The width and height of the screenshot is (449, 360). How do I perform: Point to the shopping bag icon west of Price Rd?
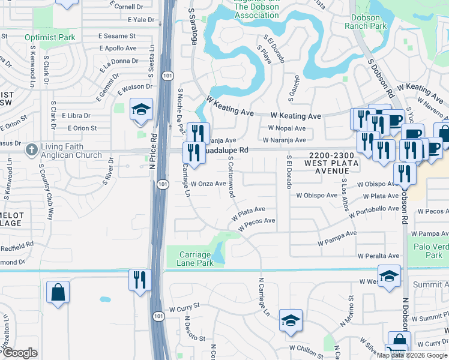pyautogui.click(x=58, y=293)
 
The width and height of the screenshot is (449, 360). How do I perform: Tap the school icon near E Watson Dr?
pyautogui.click(x=142, y=109)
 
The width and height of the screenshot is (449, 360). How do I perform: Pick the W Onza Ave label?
pyautogui.click(x=208, y=184)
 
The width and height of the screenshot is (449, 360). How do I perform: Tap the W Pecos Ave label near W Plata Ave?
pyautogui.click(x=256, y=224)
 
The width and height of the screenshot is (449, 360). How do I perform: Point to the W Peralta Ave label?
pyautogui.click(x=378, y=255)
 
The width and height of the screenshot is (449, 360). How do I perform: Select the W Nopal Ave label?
pyautogui.click(x=287, y=128)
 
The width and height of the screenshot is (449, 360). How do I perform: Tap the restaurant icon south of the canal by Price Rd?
pyautogui.click(x=137, y=280)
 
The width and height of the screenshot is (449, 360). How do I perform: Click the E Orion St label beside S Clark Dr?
pyautogui.click(x=82, y=128)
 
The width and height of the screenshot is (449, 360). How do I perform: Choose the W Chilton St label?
pyautogui.click(x=306, y=347)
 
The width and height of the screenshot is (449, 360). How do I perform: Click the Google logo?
pyautogui.click(x=20, y=353)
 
